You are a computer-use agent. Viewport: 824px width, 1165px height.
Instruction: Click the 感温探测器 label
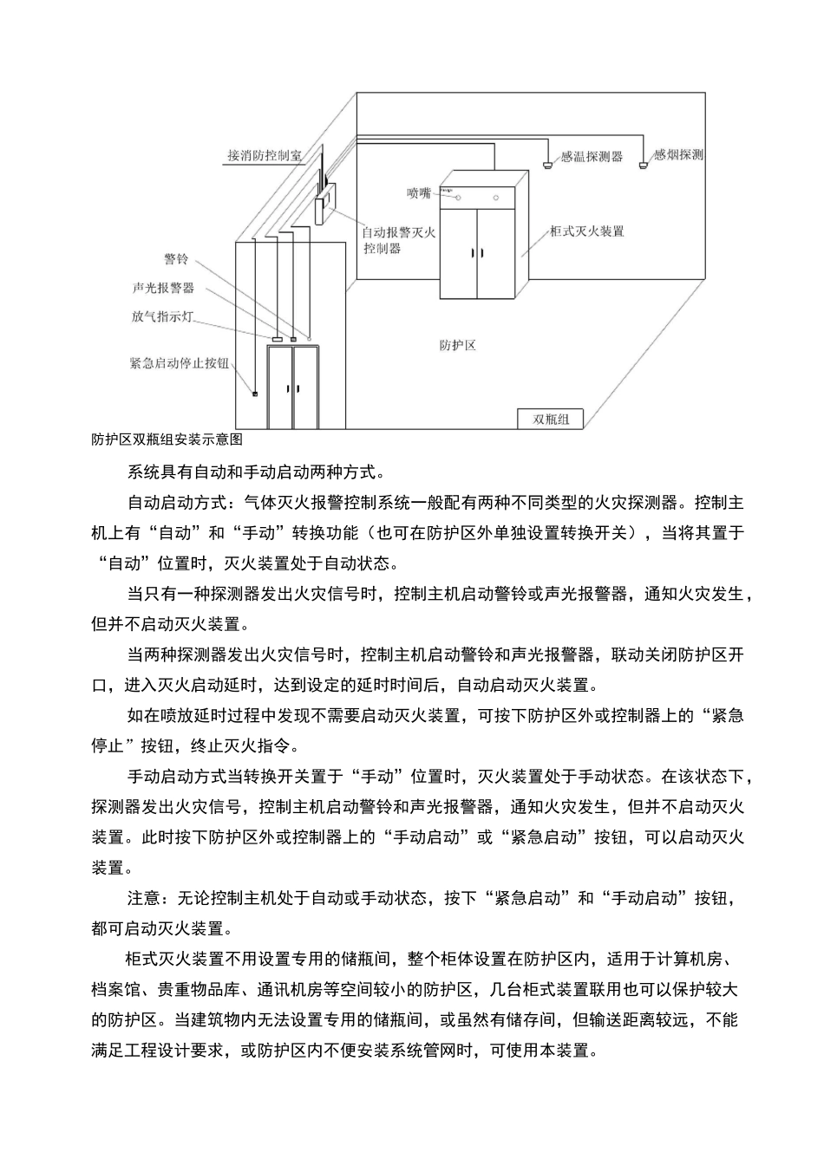click(x=592, y=157)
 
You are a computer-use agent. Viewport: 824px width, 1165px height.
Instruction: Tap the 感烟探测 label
click(x=678, y=155)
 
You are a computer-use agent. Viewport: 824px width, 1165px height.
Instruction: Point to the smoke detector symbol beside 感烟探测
click(x=643, y=160)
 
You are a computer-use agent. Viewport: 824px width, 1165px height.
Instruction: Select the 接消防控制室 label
click(x=265, y=155)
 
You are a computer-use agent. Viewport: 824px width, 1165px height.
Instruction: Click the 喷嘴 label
click(x=418, y=192)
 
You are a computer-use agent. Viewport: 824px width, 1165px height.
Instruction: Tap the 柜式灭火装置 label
click(x=587, y=231)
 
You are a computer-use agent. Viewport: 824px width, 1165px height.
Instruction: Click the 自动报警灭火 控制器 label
click(x=398, y=239)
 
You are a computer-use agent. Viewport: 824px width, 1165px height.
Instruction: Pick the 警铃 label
click(x=176, y=260)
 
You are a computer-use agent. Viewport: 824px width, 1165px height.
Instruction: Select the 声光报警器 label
click(x=163, y=288)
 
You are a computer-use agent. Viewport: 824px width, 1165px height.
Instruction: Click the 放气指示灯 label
click(x=163, y=317)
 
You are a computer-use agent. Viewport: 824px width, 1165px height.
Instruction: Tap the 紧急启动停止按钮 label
click(x=179, y=363)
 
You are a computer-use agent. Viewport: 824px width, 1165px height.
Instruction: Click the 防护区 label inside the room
click(x=457, y=345)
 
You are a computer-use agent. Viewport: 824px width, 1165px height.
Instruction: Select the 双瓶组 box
click(x=551, y=419)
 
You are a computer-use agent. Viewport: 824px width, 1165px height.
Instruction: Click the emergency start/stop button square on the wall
click(x=255, y=394)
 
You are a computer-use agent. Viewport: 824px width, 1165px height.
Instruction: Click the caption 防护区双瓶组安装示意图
click(x=167, y=439)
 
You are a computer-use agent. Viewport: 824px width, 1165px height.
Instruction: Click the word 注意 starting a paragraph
click(x=145, y=897)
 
